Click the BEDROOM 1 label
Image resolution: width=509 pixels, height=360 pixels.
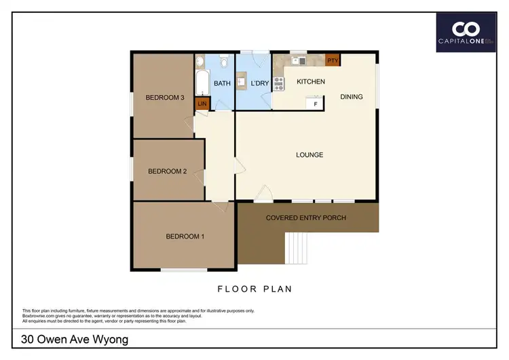click(x=185, y=236)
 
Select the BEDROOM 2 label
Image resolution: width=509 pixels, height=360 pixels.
click(x=167, y=171)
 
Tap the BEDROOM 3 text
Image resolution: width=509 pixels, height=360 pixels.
click(x=165, y=98)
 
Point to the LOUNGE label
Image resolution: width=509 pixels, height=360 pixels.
click(x=309, y=155)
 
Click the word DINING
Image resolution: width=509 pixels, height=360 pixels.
click(x=352, y=96)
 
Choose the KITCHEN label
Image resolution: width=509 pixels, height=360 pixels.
click(x=311, y=82)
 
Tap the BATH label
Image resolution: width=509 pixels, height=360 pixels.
click(x=222, y=84)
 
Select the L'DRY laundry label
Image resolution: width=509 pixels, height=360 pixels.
click(x=260, y=84)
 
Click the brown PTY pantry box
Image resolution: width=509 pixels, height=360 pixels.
click(x=333, y=60)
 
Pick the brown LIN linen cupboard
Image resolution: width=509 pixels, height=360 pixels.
click(x=202, y=104)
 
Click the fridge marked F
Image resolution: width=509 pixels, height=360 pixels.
click(x=314, y=104)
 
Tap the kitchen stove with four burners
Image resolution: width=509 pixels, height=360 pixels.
click(x=278, y=85)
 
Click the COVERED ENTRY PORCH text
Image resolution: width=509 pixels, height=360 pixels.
click(x=306, y=218)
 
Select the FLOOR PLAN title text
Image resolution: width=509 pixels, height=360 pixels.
click(x=254, y=289)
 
